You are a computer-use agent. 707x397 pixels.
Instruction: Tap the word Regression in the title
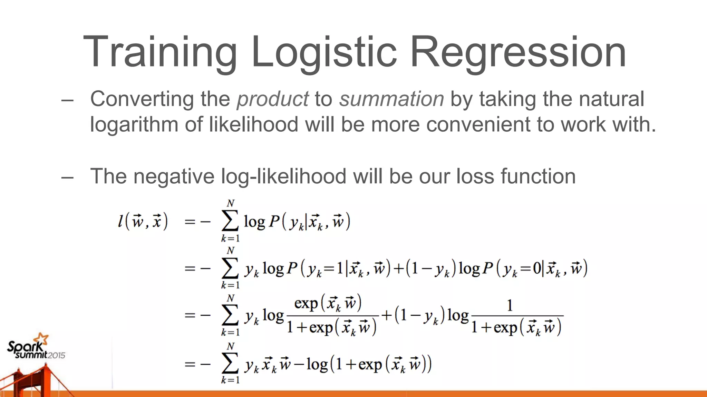(518, 52)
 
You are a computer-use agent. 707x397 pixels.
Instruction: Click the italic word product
(272, 99)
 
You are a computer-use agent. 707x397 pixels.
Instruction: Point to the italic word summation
(391, 99)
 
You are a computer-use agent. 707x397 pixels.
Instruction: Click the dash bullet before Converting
(67, 100)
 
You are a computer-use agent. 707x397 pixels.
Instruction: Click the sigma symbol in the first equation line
(230, 221)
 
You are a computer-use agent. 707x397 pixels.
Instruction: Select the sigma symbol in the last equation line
(230, 363)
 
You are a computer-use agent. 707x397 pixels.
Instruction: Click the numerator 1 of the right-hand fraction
(510, 305)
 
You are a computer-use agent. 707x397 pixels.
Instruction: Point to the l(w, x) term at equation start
(143, 221)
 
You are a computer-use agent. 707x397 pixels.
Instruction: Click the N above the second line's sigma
(230, 251)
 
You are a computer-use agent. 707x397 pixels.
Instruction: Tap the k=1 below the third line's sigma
(230, 332)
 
